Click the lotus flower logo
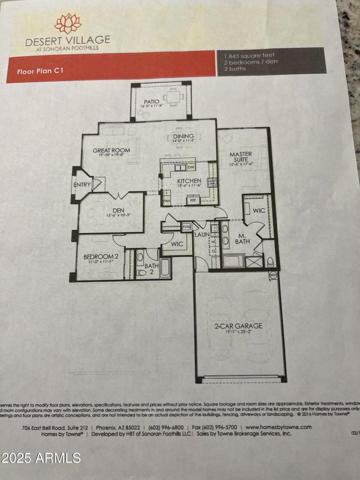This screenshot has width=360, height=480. click(x=67, y=23)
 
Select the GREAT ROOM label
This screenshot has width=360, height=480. click(x=112, y=150)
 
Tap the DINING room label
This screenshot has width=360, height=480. click(x=183, y=136)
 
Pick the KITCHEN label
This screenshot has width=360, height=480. click(x=189, y=181)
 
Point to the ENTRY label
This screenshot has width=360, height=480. click(x=82, y=185)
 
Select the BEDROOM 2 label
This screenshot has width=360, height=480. click(x=101, y=257)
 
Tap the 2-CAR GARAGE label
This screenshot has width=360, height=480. click(x=238, y=326)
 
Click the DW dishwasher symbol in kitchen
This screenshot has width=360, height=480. click(x=191, y=168)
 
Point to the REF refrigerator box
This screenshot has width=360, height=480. click(x=193, y=200)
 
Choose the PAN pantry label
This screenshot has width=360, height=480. click(x=166, y=201)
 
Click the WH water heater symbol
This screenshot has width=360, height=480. click(x=273, y=275)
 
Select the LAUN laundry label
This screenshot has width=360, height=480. click(x=201, y=234)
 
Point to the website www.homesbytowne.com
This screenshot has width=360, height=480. click(x=279, y=427)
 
